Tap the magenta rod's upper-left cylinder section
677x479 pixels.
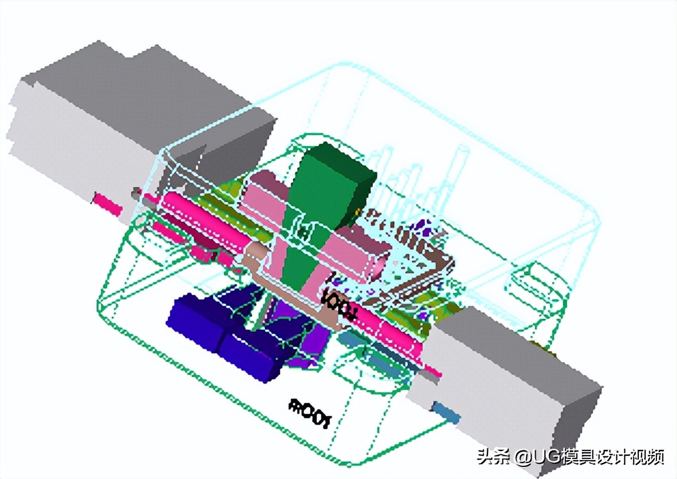pos(201,216)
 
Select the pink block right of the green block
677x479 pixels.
pos(351,256)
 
